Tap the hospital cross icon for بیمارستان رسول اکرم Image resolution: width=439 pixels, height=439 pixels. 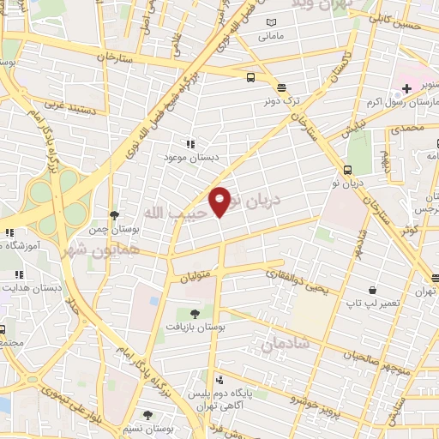point(407,89)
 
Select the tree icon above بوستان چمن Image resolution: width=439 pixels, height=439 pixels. point(114,215)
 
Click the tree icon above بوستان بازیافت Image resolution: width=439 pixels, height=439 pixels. point(195,313)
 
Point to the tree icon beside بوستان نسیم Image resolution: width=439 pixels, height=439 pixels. point(148,415)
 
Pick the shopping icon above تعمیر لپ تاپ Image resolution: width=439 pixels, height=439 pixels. point(371,291)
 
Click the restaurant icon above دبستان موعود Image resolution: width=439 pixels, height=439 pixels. point(189,145)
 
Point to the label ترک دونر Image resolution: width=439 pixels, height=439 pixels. point(282,101)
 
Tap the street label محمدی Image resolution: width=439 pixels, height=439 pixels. point(407,129)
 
